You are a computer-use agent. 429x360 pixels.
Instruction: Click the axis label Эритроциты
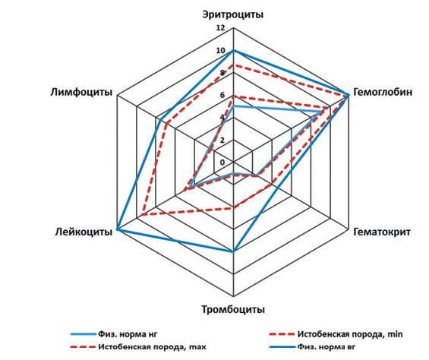pyautogui.click(x=233, y=14)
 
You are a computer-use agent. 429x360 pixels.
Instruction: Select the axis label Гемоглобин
pyautogui.click(x=383, y=92)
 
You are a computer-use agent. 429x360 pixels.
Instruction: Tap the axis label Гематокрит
pyautogui.click(x=382, y=232)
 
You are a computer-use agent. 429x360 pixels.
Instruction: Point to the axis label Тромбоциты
pyautogui.click(x=233, y=310)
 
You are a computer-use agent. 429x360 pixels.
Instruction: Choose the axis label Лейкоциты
pyautogui.click(x=84, y=232)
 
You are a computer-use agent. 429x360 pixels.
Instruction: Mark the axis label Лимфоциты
pyautogui.click(x=81, y=92)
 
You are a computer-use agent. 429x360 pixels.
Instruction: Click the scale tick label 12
pyautogui.click(x=220, y=28)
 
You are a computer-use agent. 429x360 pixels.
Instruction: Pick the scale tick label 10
pyautogui.click(x=220, y=51)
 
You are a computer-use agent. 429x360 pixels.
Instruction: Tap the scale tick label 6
pyautogui.click(x=222, y=95)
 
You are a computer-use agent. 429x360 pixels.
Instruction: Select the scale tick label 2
pyautogui.click(x=222, y=141)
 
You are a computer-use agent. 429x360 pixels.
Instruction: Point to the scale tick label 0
pyautogui.click(x=222, y=163)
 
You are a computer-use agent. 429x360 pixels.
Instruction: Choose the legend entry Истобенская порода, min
pyautogui.click(x=336, y=334)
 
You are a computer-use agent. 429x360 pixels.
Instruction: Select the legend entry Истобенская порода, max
pyautogui.click(x=138, y=347)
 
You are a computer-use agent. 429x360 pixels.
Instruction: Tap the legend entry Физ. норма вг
pyautogui.click(x=312, y=347)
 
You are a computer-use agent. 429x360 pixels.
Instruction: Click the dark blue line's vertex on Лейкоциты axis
pyautogui.click(x=117, y=229)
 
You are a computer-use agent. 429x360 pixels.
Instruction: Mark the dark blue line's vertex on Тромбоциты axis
pyautogui.click(x=233, y=251)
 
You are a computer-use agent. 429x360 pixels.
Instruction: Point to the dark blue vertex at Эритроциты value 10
pyautogui.click(x=233, y=51)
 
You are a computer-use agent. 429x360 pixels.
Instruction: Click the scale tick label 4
pyautogui.click(x=222, y=118)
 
